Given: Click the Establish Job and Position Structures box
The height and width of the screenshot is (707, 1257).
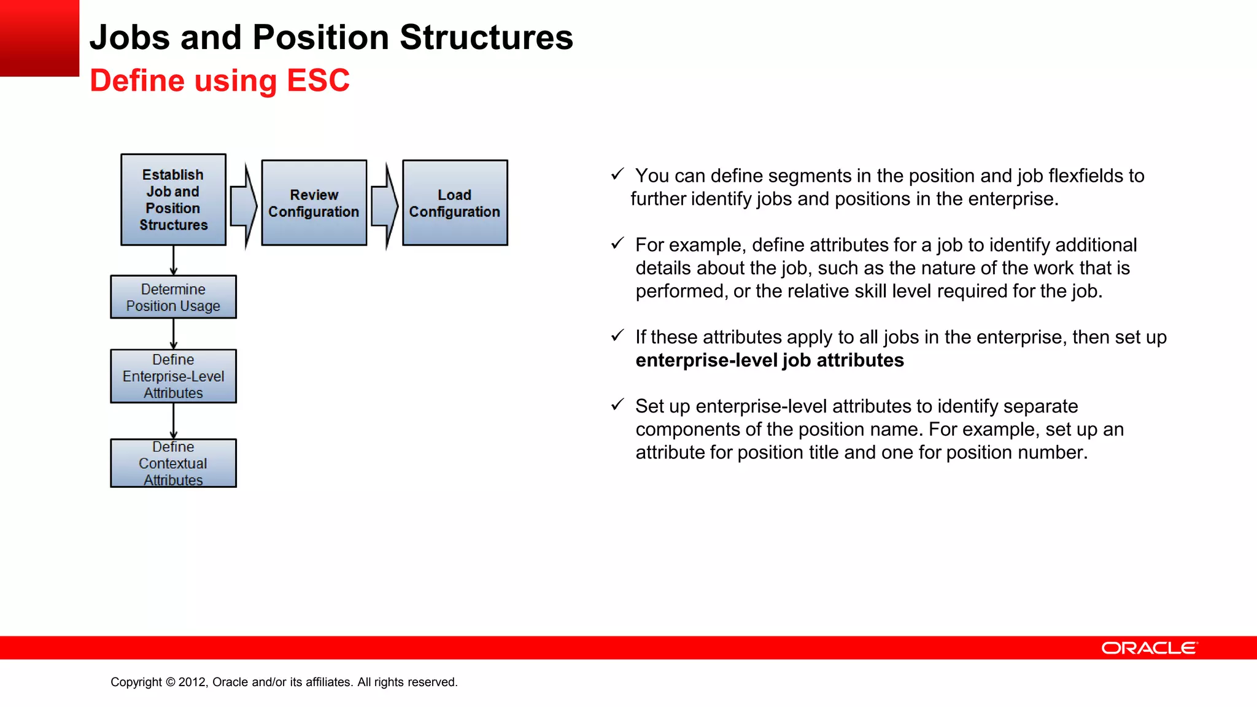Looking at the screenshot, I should (173, 199).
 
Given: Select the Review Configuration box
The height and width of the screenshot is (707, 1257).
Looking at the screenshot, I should (314, 203).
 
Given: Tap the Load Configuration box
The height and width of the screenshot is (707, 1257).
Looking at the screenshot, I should (455, 203).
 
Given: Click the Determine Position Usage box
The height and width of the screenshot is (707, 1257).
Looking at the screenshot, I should (173, 297).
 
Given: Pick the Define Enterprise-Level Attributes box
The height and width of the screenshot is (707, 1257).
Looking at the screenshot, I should (173, 376).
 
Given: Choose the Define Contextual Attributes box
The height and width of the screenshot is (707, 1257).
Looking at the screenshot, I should (173, 463).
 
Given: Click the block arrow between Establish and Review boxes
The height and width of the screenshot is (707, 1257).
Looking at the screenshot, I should (244, 206).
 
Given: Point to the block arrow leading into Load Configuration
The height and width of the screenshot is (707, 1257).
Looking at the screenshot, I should (385, 206).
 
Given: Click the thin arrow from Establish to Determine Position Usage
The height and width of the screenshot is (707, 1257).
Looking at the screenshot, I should (174, 260).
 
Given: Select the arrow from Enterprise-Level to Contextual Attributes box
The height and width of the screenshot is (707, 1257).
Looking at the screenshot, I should (174, 421).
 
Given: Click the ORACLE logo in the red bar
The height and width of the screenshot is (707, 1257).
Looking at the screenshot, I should (1149, 648).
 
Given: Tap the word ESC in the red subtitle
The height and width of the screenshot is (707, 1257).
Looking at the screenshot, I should (318, 80).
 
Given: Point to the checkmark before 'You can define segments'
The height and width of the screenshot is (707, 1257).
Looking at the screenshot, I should (617, 174).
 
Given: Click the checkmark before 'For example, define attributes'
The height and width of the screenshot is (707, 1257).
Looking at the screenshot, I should (617, 244).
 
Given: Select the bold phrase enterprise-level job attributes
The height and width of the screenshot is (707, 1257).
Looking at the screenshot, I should (769, 360).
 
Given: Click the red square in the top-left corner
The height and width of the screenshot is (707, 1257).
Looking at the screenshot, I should (39, 38).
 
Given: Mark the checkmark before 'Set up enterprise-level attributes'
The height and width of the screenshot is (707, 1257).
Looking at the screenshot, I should (617, 405).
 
